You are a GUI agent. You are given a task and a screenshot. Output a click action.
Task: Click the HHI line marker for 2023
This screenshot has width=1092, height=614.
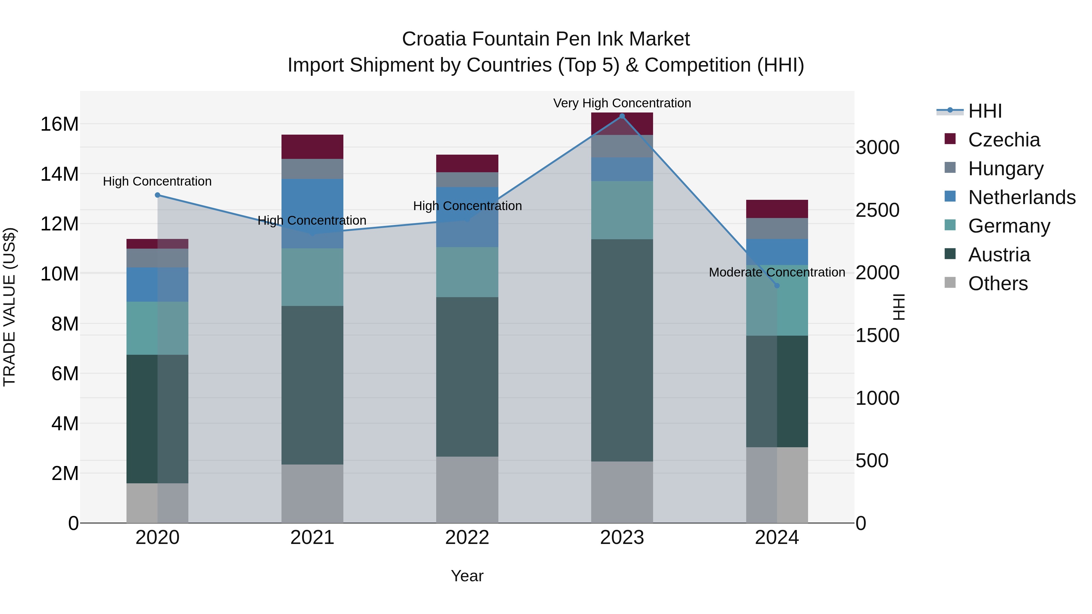(622, 116)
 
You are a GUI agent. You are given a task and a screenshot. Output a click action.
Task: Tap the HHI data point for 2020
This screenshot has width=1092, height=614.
(157, 195)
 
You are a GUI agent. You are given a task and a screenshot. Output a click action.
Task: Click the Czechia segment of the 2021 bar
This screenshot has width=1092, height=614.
(312, 147)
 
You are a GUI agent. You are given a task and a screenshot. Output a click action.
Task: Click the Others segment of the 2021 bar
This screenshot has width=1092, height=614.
(312, 493)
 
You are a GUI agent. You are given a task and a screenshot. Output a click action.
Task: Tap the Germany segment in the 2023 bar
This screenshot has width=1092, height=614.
(622, 210)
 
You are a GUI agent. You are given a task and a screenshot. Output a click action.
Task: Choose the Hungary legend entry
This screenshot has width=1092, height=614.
(1006, 169)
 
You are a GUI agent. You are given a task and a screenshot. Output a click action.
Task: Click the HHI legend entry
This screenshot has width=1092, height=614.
(985, 111)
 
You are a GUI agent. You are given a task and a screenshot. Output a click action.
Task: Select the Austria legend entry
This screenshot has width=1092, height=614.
(999, 255)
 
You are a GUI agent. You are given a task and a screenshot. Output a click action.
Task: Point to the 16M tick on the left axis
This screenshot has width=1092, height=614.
(59, 124)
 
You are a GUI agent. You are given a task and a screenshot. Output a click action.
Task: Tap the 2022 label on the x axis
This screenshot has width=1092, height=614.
(467, 537)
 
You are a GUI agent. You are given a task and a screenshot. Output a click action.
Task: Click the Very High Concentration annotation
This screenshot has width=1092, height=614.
(622, 103)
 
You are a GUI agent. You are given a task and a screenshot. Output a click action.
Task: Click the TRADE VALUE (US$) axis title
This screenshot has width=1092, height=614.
(9, 307)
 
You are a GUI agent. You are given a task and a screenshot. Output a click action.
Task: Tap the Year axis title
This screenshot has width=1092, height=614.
(467, 576)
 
